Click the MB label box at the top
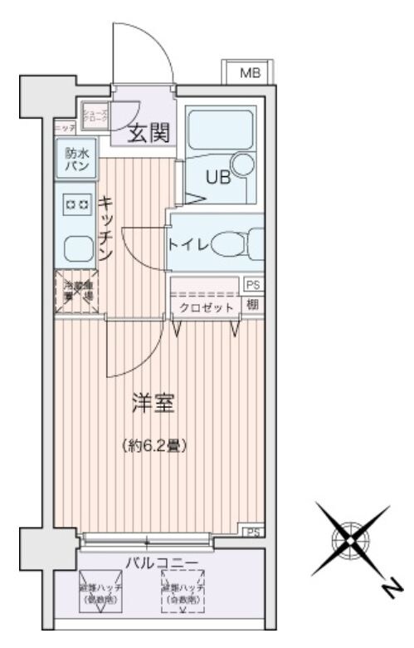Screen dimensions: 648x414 click(x=250, y=73)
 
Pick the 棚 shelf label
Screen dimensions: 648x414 click(x=252, y=305)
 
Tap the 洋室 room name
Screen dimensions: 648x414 click(x=153, y=406)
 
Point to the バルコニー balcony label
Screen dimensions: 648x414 click(x=161, y=563)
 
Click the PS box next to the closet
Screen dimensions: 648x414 click(x=252, y=285)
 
